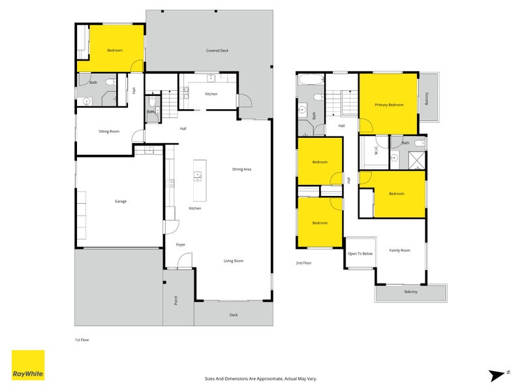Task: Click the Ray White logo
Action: click(28, 365)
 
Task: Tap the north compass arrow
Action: click(499, 375)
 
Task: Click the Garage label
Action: click(121, 201)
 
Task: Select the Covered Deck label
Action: click(217, 51)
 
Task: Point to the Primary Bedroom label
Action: click(389, 105)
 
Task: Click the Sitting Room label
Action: click(109, 131)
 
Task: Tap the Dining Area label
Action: click(241, 169)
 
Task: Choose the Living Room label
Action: click(234, 261)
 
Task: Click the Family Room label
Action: click(399, 250)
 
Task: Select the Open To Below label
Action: click(360, 253)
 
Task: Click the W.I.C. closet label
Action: click(376, 150)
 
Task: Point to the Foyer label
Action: click(181, 244)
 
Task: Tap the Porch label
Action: click(176, 301)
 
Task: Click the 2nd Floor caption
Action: click(303, 263)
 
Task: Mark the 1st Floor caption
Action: click(82, 340)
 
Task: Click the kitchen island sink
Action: click(198, 176)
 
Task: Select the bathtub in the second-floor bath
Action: click(311, 80)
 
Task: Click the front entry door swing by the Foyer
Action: click(185, 260)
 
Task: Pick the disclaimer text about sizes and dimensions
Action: click(260, 379)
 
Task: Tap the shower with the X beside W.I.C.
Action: click(416, 160)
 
